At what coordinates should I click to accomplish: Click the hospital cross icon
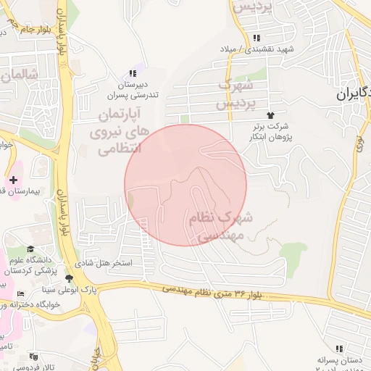[14, 179]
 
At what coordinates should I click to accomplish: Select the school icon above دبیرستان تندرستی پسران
[132, 73]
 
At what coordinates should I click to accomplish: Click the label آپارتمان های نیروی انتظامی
[117, 132]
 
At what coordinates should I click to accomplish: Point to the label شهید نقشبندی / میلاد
[259, 49]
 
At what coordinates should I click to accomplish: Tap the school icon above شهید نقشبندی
[256, 38]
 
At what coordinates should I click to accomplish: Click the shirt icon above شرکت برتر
[271, 115]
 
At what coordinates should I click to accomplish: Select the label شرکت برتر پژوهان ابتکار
[271, 131]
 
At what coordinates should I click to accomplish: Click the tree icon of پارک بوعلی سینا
[69, 278]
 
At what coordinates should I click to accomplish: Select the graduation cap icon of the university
[30, 250]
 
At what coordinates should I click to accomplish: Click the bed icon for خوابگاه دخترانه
[20, 293]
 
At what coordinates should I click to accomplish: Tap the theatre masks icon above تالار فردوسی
[33, 356]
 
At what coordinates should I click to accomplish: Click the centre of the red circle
[185, 185]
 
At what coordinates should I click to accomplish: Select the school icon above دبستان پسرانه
[339, 349]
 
